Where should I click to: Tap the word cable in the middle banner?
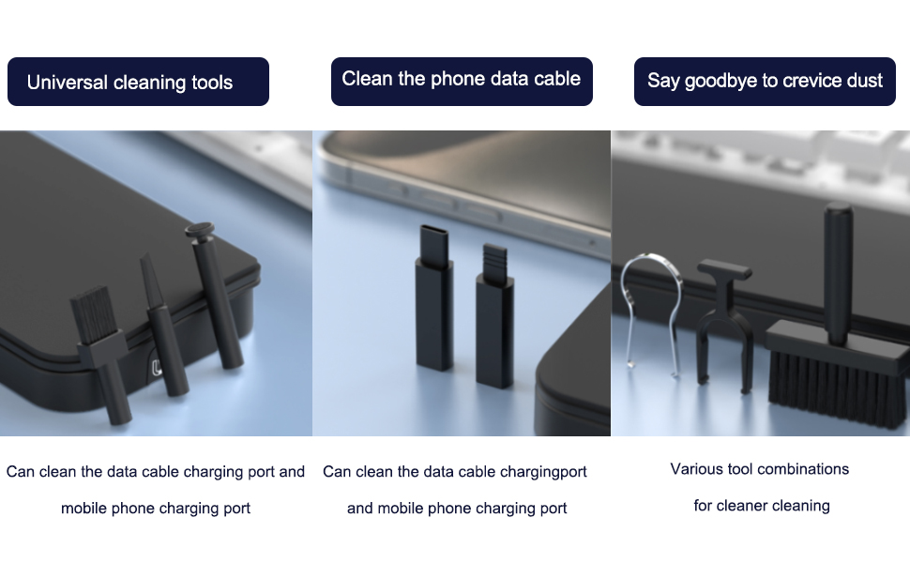557,79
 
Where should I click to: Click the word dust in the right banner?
865,80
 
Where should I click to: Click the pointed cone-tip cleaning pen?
163,325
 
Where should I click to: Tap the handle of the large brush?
838,273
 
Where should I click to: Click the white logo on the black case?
156,368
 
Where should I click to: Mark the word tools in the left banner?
212,83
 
